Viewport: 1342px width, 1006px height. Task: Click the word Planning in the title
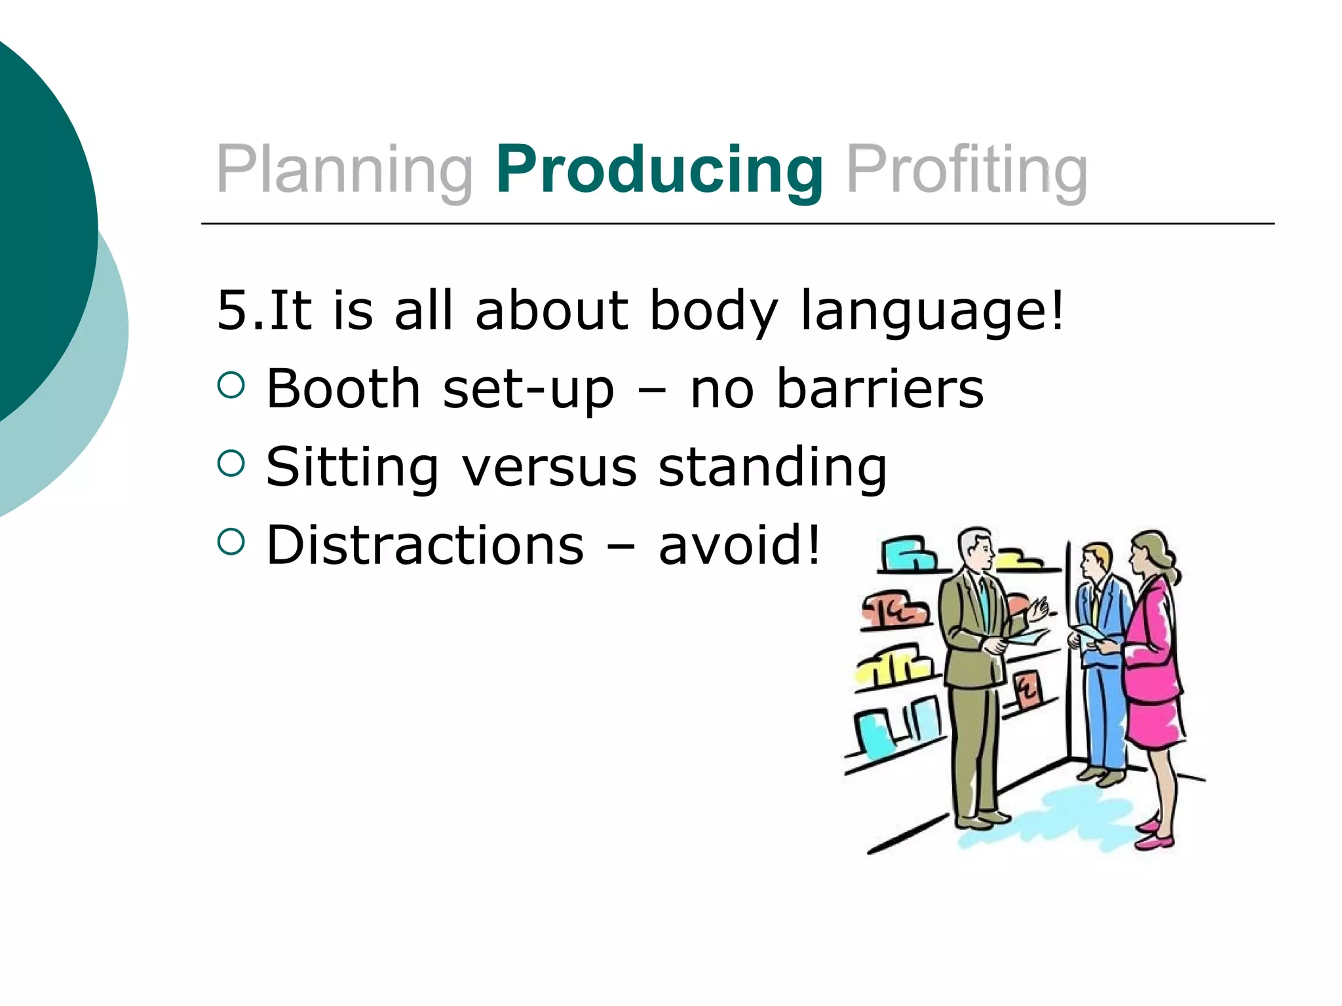click(x=344, y=170)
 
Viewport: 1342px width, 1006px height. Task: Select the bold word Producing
click(x=659, y=170)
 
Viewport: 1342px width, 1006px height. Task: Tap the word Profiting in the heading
click(x=967, y=170)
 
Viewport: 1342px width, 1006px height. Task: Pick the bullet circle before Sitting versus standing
click(x=231, y=463)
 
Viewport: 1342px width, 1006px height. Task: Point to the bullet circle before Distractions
click(x=231, y=542)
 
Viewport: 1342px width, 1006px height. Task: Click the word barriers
click(x=879, y=389)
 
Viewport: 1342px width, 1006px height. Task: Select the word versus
click(x=549, y=467)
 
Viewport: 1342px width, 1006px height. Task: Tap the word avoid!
click(x=739, y=545)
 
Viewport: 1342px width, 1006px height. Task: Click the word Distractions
click(x=425, y=545)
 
